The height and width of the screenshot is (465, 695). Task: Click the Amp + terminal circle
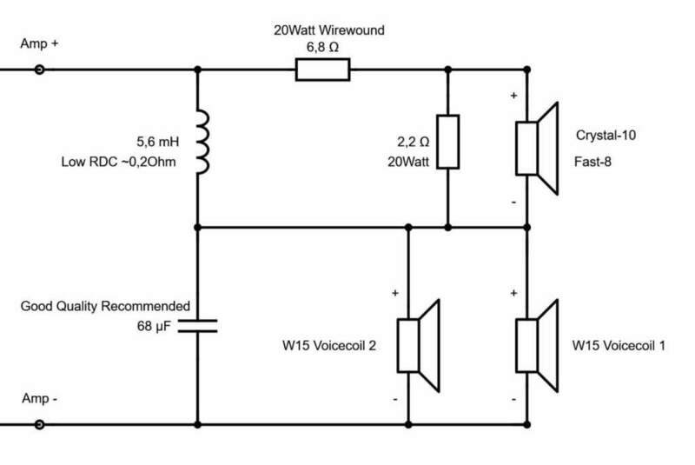pos(39,70)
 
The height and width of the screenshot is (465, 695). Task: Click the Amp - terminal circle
pos(39,426)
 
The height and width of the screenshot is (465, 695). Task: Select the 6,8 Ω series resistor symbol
pos(322,70)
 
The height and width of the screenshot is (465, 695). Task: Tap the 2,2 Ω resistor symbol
pos(447,142)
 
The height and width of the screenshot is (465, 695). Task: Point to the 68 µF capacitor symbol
pos(199,327)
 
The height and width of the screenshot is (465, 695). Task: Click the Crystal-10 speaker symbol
pos(534,148)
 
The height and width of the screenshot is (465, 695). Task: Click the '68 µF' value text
pos(155,327)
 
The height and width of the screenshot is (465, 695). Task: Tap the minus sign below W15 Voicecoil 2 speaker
pos(395,400)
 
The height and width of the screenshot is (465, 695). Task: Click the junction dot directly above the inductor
pos(199,70)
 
